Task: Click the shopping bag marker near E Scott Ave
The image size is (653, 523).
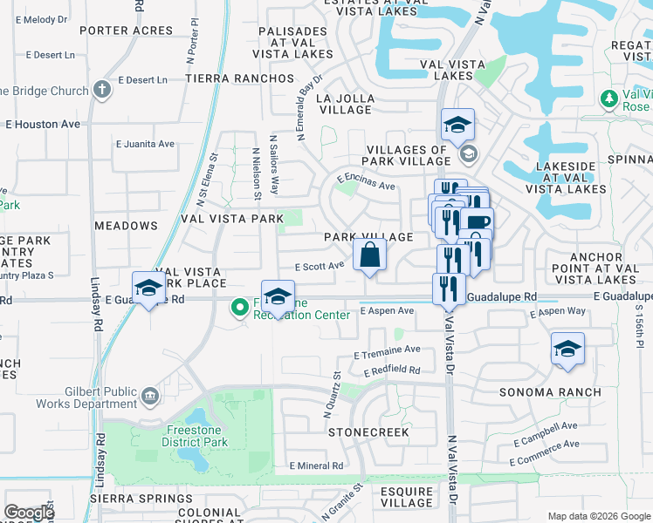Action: coord(370,255)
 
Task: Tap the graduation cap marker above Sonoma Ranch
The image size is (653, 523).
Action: coord(567,350)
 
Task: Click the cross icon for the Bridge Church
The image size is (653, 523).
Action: coord(102,90)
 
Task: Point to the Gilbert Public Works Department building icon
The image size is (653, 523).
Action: coord(149,397)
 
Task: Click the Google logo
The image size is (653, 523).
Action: coord(29,512)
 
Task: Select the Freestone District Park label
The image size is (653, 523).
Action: coord(194,436)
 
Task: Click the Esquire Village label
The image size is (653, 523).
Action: coord(407,497)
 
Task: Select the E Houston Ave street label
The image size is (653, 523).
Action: coord(43,125)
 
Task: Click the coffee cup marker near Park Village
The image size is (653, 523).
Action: coord(478,221)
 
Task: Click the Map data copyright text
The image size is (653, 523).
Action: coord(599,516)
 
